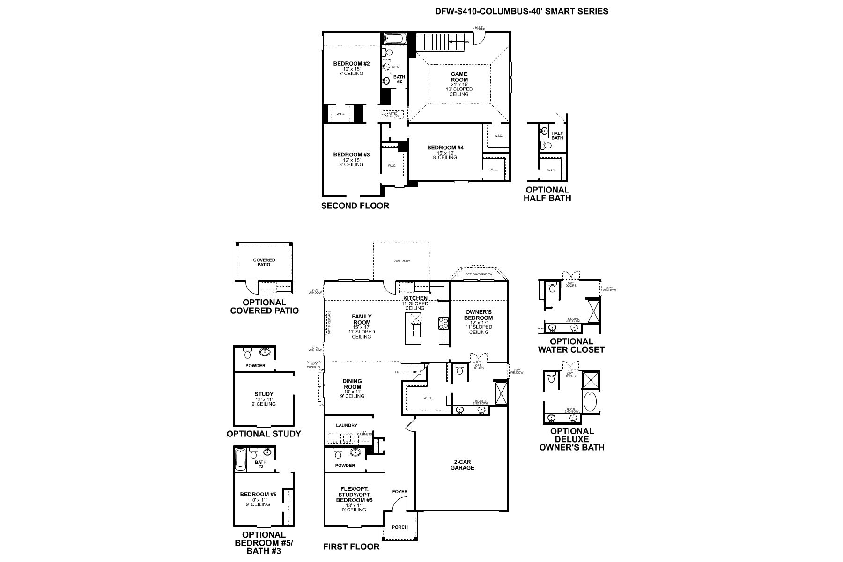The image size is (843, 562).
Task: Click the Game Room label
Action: point(459,77)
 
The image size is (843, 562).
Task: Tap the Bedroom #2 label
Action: point(351,64)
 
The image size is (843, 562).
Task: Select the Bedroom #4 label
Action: point(445,148)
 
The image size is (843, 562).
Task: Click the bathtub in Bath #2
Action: point(396,38)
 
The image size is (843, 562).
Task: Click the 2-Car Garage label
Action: point(462,465)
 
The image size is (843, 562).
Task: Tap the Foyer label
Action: point(400,492)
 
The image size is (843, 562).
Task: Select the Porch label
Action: point(399,527)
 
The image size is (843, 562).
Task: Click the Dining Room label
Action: point(352,384)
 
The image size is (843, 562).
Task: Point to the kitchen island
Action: point(414,325)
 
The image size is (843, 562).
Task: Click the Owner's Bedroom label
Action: point(479,315)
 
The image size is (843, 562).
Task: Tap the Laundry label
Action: point(347,425)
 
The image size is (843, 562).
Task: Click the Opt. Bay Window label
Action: point(479,274)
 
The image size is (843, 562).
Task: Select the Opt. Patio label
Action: point(402,261)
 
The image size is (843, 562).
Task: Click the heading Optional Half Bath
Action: point(547,194)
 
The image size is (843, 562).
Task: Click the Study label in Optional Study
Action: point(264,394)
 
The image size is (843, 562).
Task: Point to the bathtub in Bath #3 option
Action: point(240,459)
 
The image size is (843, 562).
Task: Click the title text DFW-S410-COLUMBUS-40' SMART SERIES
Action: point(522,11)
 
